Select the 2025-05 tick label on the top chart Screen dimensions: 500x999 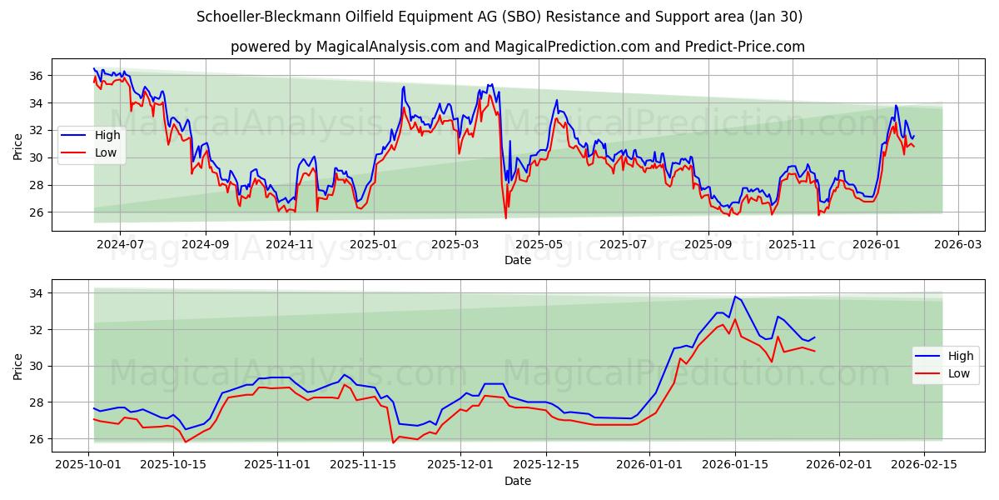[539, 245]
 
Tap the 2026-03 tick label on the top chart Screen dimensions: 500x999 [957, 245]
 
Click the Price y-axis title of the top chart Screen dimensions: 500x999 [18, 146]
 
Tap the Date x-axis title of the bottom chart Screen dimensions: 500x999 [517, 481]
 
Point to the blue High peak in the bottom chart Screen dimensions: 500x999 [734, 297]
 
